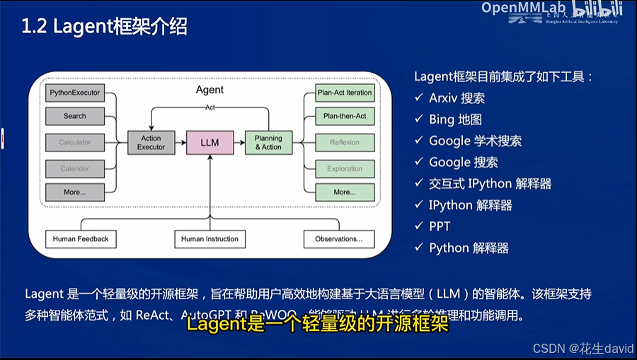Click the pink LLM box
coord(210,142)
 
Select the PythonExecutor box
coord(74,93)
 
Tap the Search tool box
coord(74,116)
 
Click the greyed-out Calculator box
coord(74,142)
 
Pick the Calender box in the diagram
coord(74,168)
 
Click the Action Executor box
coord(151,142)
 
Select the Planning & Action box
coord(268,142)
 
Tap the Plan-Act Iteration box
coord(345,93)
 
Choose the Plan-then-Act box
coord(345,116)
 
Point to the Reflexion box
coord(345,142)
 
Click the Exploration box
coord(345,168)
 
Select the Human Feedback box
coord(81,239)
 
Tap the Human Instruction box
coord(210,239)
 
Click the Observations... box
coord(338,239)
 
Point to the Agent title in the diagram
coord(210,90)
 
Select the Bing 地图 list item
coord(455,120)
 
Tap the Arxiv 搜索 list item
coord(457,98)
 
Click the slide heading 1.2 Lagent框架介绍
coord(104,27)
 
